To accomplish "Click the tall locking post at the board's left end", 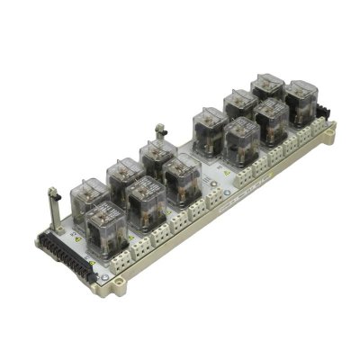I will point(51,207).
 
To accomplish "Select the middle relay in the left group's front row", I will point(145,200).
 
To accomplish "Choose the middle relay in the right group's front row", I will point(270,120).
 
